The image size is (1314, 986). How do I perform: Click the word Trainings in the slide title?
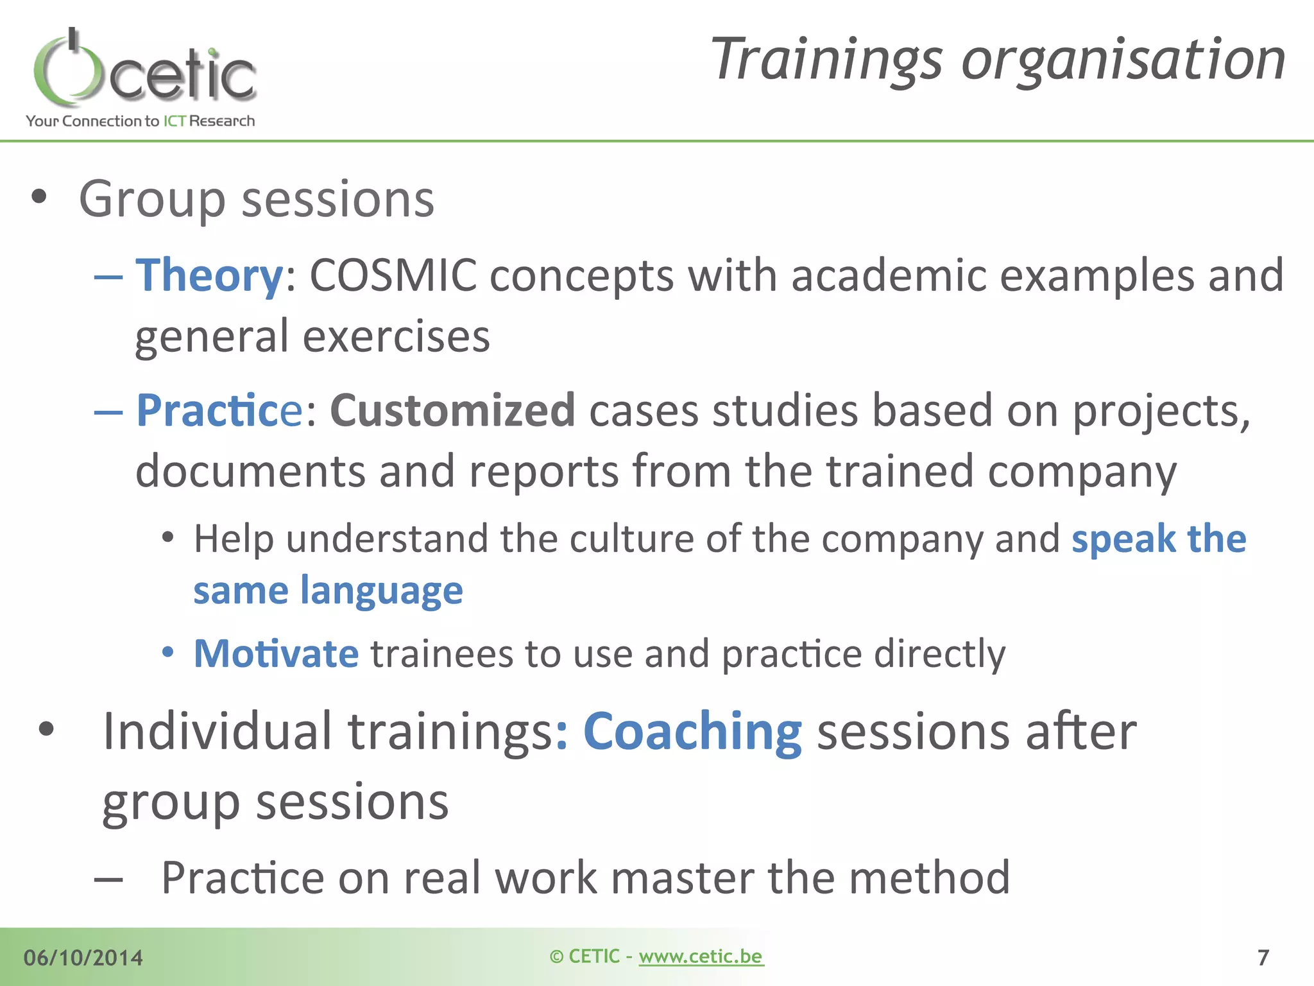click(827, 60)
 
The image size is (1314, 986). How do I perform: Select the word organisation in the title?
click(1123, 60)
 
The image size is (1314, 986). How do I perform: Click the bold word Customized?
click(452, 411)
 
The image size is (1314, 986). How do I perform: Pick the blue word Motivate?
click(276, 653)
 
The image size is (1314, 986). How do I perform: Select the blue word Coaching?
click(692, 732)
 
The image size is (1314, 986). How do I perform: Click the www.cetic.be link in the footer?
click(701, 956)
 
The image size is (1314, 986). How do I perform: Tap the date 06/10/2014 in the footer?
click(83, 958)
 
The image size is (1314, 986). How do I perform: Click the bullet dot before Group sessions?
click(39, 197)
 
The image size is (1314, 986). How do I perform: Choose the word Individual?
click(218, 732)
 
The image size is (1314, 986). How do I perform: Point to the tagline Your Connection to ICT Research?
click(141, 121)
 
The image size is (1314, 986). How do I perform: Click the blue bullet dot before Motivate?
click(168, 653)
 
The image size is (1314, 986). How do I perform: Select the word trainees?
click(441, 653)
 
